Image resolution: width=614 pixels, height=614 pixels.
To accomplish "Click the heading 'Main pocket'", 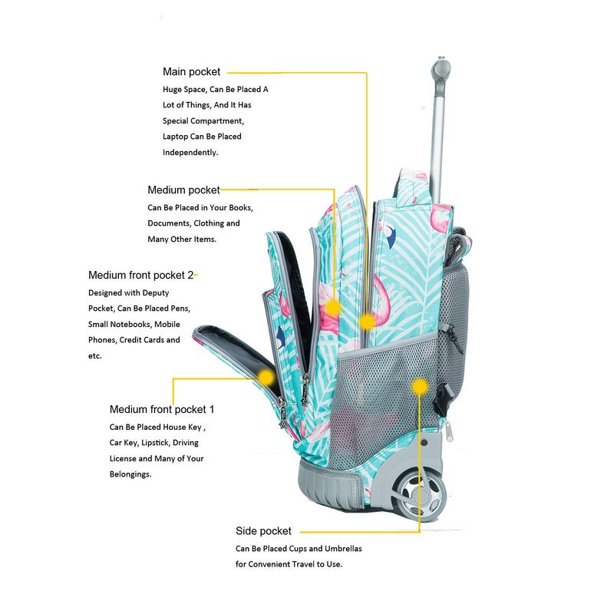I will pyautogui.click(x=191, y=71).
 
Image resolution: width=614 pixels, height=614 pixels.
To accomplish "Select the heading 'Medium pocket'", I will pyautogui.click(x=183, y=190).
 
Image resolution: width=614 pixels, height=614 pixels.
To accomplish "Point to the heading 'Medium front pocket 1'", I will pyautogui.click(x=162, y=409).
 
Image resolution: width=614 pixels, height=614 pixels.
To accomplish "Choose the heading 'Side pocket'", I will pyautogui.click(x=263, y=530).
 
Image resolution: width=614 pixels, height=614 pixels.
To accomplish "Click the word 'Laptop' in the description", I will pyautogui.click(x=175, y=137).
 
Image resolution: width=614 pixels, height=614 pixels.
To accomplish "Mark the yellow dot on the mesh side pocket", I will pyautogui.click(x=419, y=387).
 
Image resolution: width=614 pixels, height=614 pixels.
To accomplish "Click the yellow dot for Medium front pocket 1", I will pyautogui.click(x=266, y=378).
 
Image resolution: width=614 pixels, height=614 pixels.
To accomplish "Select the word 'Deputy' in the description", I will pyautogui.click(x=156, y=293).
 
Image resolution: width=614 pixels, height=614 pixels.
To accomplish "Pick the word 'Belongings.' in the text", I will pyautogui.click(x=130, y=474).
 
